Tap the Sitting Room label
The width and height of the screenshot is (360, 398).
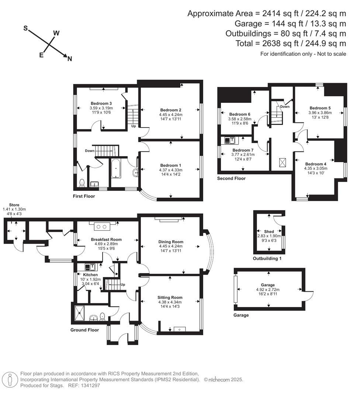[170, 297]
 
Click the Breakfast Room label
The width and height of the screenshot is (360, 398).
[106, 240]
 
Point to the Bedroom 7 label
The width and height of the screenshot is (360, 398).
[243, 150]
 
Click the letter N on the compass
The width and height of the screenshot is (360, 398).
[69, 59]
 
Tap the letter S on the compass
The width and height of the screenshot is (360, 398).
[26, 29]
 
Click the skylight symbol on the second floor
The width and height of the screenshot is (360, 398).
[282, 162]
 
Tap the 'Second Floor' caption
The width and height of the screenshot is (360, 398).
[231, 178]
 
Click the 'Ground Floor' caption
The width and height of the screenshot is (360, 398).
[84, 330]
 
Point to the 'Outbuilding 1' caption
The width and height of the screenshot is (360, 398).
[267, 258]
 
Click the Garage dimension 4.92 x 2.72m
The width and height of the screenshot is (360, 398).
[268, 290]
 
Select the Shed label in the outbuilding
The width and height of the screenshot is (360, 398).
[269, 231]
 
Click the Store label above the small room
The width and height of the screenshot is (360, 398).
[14, 205]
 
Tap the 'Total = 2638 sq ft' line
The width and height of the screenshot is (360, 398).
[291, 43]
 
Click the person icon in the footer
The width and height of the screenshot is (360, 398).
[10, 379]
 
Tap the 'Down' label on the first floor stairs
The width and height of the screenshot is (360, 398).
[90, 151]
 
